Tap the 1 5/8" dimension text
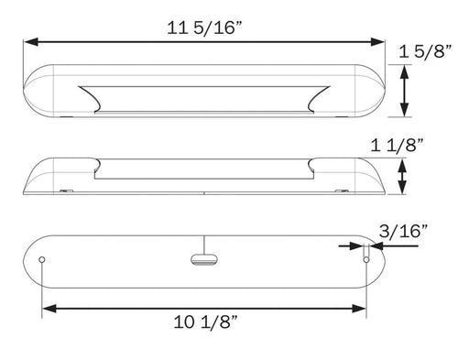coord(426,53)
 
